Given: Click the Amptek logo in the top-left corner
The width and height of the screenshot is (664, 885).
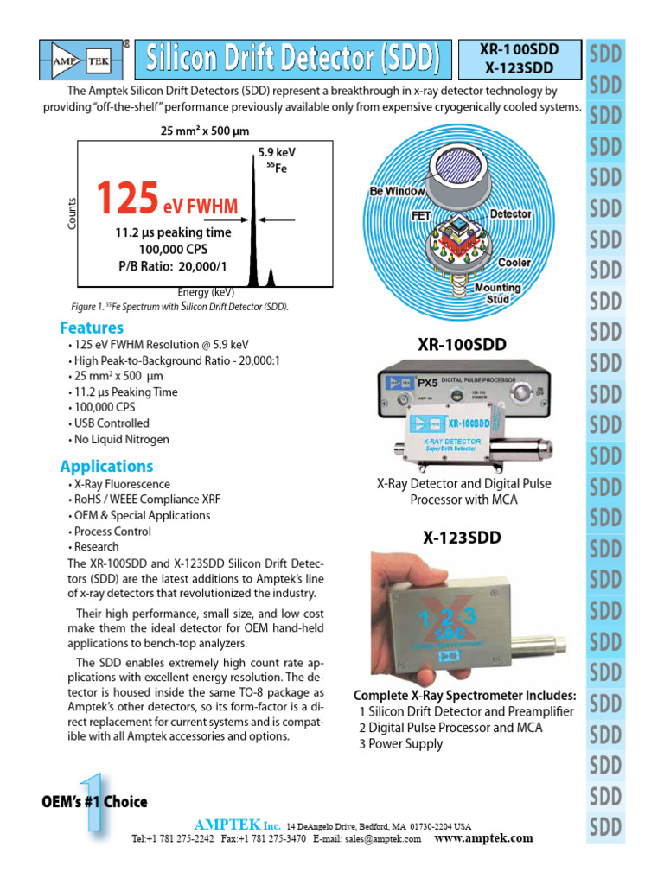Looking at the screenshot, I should tap(81, 59).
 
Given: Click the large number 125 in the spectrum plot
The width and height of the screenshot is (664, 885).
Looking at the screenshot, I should tap(127, 201).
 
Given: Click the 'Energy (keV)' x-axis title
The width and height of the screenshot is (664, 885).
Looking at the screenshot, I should tap(206, 293).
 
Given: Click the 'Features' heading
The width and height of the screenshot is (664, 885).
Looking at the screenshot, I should tap(92, 328).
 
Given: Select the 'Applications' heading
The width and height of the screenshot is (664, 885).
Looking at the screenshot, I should tap(106, 467).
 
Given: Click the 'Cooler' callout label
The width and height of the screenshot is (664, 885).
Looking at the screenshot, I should tap(514, 262).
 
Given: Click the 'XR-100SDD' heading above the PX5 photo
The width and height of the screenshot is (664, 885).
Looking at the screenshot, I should tap(463, 346).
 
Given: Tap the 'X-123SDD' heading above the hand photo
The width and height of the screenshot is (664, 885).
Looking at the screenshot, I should tap(462, 538).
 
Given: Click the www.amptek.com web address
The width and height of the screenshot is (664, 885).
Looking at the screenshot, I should tap(483, 838).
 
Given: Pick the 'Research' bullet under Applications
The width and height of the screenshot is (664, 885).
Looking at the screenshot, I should tap(97, 547).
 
